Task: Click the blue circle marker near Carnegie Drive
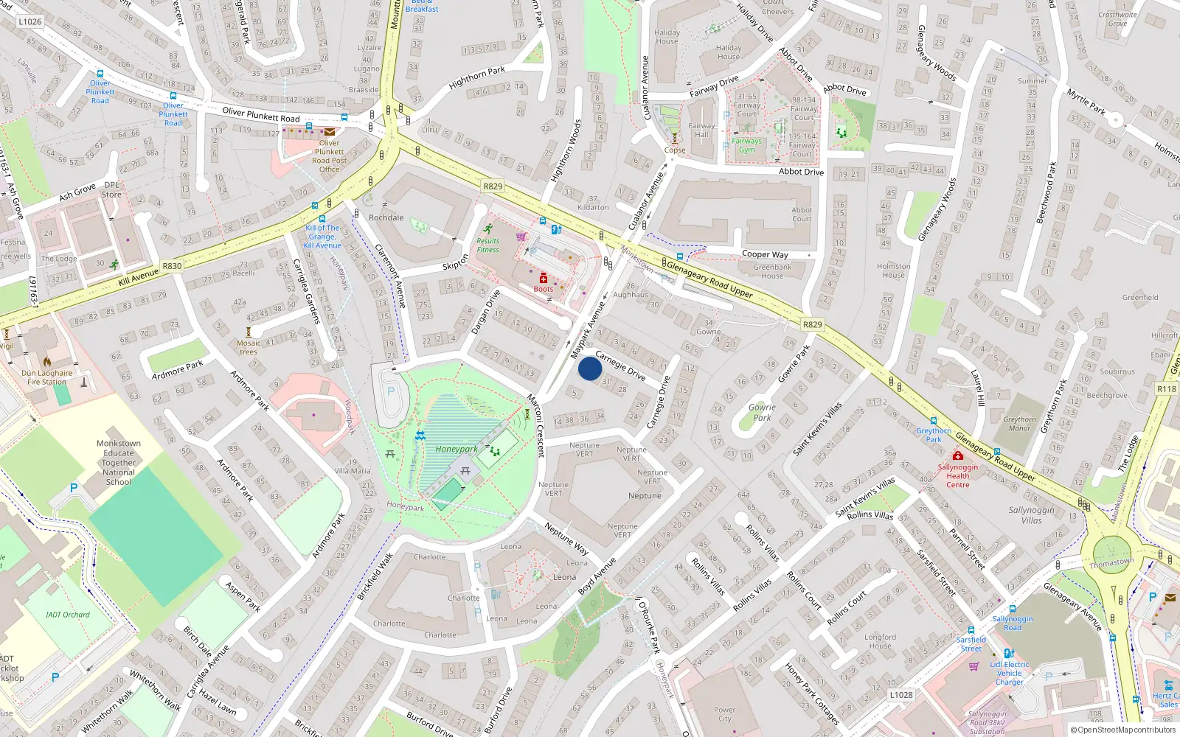590,368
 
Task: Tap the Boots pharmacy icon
544,278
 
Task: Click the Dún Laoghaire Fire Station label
46,377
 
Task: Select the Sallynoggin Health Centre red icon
957,455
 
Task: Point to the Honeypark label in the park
456,449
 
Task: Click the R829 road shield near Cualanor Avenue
493,186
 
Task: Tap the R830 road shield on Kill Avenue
172,266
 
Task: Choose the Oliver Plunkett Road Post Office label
329,156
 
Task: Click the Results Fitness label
487,245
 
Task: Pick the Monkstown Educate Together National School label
118,463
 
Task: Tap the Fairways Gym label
746,145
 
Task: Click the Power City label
724,714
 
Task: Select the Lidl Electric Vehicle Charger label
1010,673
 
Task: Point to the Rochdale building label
386,217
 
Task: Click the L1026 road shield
30,21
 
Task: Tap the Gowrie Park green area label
762,412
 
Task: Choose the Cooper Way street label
765,254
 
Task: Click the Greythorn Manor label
1019,424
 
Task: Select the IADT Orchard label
68,615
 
